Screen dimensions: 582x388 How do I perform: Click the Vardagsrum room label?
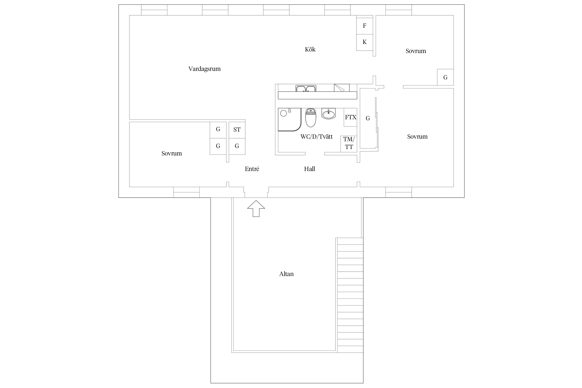[204, 69]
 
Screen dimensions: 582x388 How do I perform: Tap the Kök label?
[310, 49]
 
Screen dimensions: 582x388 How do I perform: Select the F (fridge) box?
[365, 26]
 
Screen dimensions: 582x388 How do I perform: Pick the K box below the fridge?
[365, 42]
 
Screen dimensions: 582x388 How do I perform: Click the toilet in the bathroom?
[311, 118]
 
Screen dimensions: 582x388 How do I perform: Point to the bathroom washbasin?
[329, 114]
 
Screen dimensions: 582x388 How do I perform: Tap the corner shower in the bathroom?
[289, 120]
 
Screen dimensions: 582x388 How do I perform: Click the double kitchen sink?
[306, 88]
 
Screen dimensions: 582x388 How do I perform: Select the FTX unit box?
[350, 117]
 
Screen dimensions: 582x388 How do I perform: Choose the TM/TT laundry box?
[349, 144]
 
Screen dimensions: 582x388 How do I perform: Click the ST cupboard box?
[237, 130]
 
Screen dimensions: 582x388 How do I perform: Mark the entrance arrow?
[256, 208]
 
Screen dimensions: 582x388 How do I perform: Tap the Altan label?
[286, 274]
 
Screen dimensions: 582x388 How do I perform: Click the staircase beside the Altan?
[350, 295]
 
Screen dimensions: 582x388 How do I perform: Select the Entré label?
[252, 169]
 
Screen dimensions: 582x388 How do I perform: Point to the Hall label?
[309, 169]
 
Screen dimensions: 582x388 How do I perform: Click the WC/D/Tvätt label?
[317, 137]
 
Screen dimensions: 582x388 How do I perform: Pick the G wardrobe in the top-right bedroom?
[445, 77]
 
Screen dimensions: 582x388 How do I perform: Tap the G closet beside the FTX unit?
[368, 118]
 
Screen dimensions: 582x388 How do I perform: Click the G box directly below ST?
[237, 146]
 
